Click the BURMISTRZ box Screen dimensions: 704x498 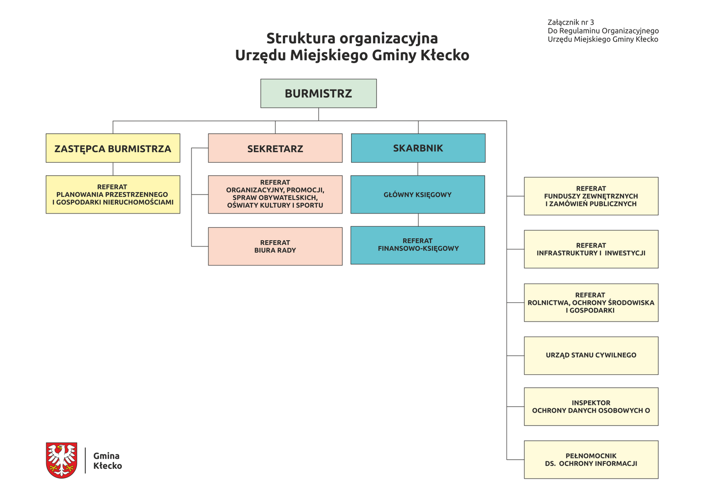coord(318,93)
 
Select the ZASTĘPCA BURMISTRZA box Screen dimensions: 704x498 coord(113,148)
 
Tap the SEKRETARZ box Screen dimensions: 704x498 coord(275,148)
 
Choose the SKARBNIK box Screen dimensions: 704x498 coord(418,148)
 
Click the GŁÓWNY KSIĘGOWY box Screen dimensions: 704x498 coord(418,195)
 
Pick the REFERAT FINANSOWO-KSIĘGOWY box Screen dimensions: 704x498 coord(418,245)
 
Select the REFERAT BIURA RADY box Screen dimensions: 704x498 coord(275,246)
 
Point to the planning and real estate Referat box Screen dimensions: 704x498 coord(113,195)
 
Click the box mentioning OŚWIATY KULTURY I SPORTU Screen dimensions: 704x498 coord(275,195)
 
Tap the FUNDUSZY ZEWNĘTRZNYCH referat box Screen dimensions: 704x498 coord(591,196)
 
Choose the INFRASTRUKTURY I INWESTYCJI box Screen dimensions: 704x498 coord(591,249)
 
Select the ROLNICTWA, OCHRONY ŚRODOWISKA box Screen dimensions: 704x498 coord(591,302)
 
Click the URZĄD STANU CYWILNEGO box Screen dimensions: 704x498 coord(591,356)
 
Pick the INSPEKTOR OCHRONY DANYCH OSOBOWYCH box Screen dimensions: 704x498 coord(591,407)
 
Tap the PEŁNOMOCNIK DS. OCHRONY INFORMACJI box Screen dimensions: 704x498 coord(591,460)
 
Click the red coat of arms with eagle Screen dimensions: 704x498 coord(62,460)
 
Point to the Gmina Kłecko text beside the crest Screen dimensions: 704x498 coord(107,461)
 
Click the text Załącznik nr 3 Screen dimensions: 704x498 coord(571,22)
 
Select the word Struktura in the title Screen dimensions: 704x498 coord(301,38)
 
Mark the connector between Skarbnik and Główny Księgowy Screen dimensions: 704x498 coord(418,169)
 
